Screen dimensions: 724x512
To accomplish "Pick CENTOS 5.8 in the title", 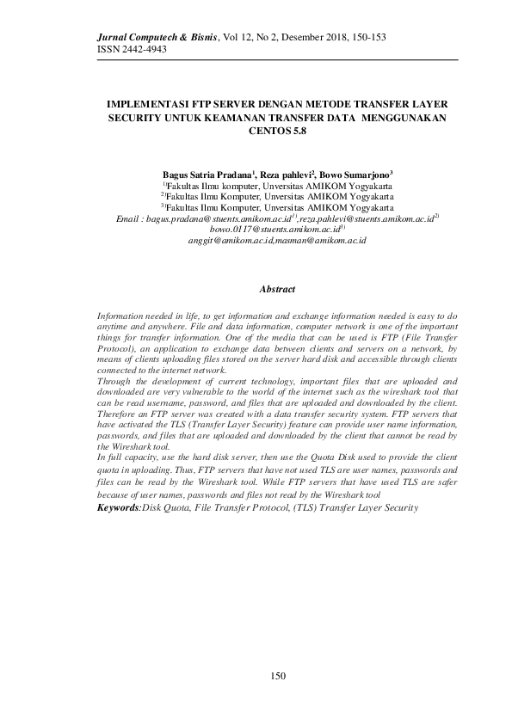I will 276,132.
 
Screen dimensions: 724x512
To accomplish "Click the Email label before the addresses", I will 129,220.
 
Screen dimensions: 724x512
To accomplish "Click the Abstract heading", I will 277,290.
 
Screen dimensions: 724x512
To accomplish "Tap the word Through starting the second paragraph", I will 117,379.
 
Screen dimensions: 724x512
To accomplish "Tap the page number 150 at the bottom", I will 277,678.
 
